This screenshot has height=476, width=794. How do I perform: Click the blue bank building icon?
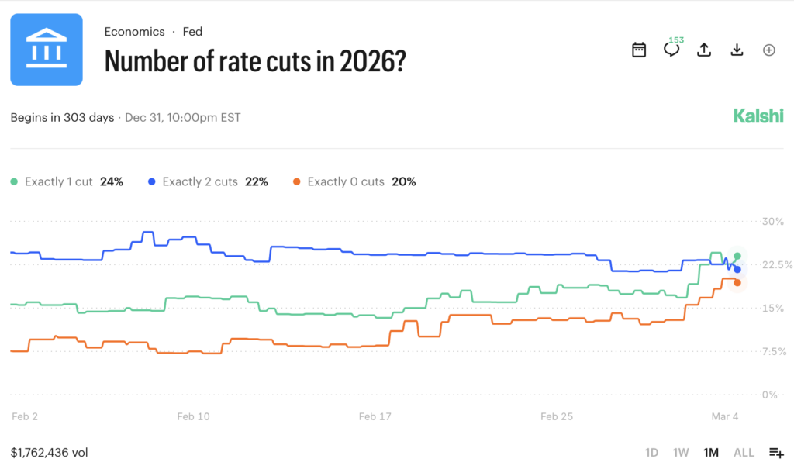(x=47, y=50)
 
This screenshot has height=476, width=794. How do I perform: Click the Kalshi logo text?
(x=758, y=116)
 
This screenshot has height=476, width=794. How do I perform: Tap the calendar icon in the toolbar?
(x=639, y=50)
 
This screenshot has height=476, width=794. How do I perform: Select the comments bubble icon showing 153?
(x=671, y=50)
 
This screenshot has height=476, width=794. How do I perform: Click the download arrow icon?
(x=737, y=50)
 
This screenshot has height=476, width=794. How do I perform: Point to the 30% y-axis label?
(x=773, y=221)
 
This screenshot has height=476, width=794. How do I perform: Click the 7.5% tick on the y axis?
(x=775, y=351)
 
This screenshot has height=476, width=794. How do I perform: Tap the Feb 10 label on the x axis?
(x=193, y=416)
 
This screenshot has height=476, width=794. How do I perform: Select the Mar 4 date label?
(x=725, y=416)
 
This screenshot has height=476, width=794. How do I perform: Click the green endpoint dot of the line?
(x=737, y=256)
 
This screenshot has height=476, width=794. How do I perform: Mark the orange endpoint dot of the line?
(x=737, y=282)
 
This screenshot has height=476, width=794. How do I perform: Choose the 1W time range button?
(x=680, y=452)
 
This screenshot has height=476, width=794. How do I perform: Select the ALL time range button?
(x=743, y=452)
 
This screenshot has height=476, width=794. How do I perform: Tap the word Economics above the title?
(x=134, y=32)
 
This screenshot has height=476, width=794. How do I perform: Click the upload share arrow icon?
(x=704, y=50)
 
